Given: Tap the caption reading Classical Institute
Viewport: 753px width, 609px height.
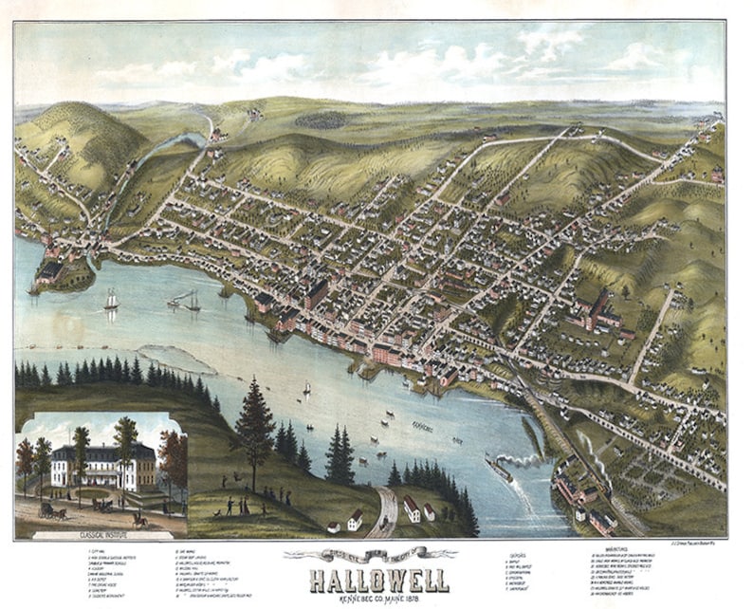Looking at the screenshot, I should (99, 522).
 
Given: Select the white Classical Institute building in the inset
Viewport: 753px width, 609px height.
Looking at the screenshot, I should (101, 467).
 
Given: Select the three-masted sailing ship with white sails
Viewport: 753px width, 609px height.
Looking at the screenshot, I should (111, 302).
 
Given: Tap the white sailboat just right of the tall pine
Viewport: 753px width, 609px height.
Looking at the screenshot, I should (306, 388).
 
